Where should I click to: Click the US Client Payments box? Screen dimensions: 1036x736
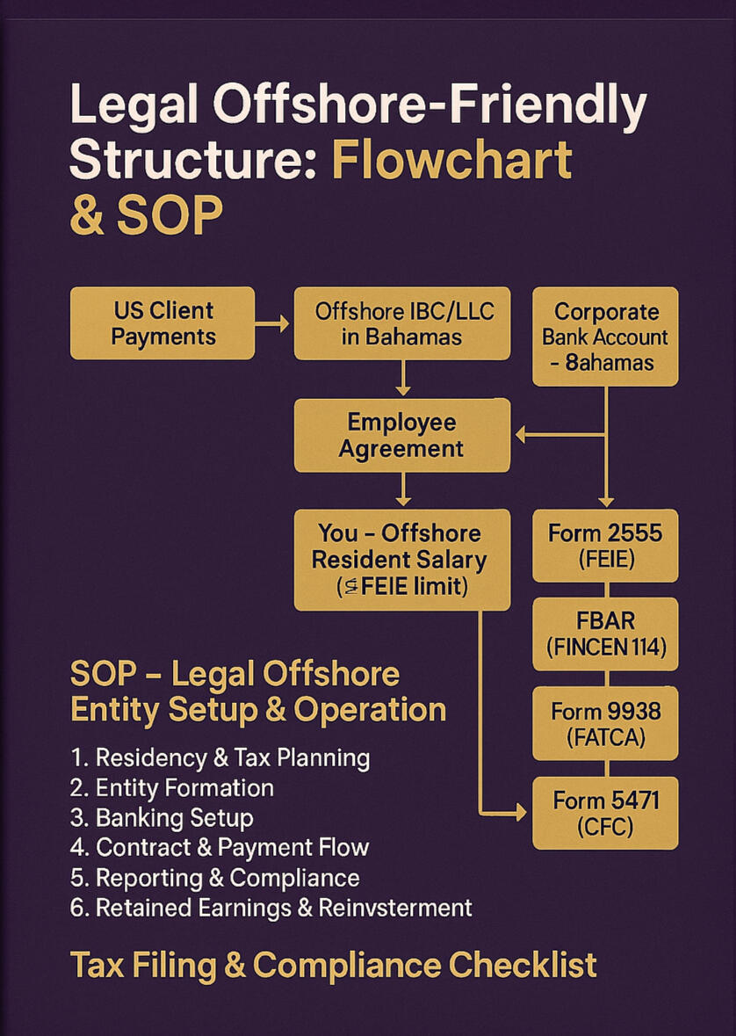[x=162, y=322]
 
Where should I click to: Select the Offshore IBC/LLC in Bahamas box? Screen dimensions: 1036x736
[x=401, y=322]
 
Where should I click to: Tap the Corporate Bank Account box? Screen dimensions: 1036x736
[x=605, y=336]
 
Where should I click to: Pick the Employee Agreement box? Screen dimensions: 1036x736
[x=401, y=435]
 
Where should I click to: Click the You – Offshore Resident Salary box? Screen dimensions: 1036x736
[x=401, y=559]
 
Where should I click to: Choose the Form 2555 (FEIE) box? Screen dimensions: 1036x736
[x=605, y=545]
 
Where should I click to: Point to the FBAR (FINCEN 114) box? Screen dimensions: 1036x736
[x=605, y=634]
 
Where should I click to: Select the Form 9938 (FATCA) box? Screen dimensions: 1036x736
[x=605, y=723]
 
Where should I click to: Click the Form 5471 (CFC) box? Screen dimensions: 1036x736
[x=605, y=812]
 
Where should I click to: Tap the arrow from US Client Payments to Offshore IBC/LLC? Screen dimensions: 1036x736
[x=274, y=323]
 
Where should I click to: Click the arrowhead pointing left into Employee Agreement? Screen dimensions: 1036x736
[x=519, y=434]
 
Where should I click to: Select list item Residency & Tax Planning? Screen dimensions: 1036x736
[x=220, y=757]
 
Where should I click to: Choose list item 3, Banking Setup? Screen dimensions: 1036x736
[x=162, y=818]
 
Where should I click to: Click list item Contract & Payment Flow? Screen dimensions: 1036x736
[x=220, y=848]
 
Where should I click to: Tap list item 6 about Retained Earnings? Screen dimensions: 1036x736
[x=271, y=908]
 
